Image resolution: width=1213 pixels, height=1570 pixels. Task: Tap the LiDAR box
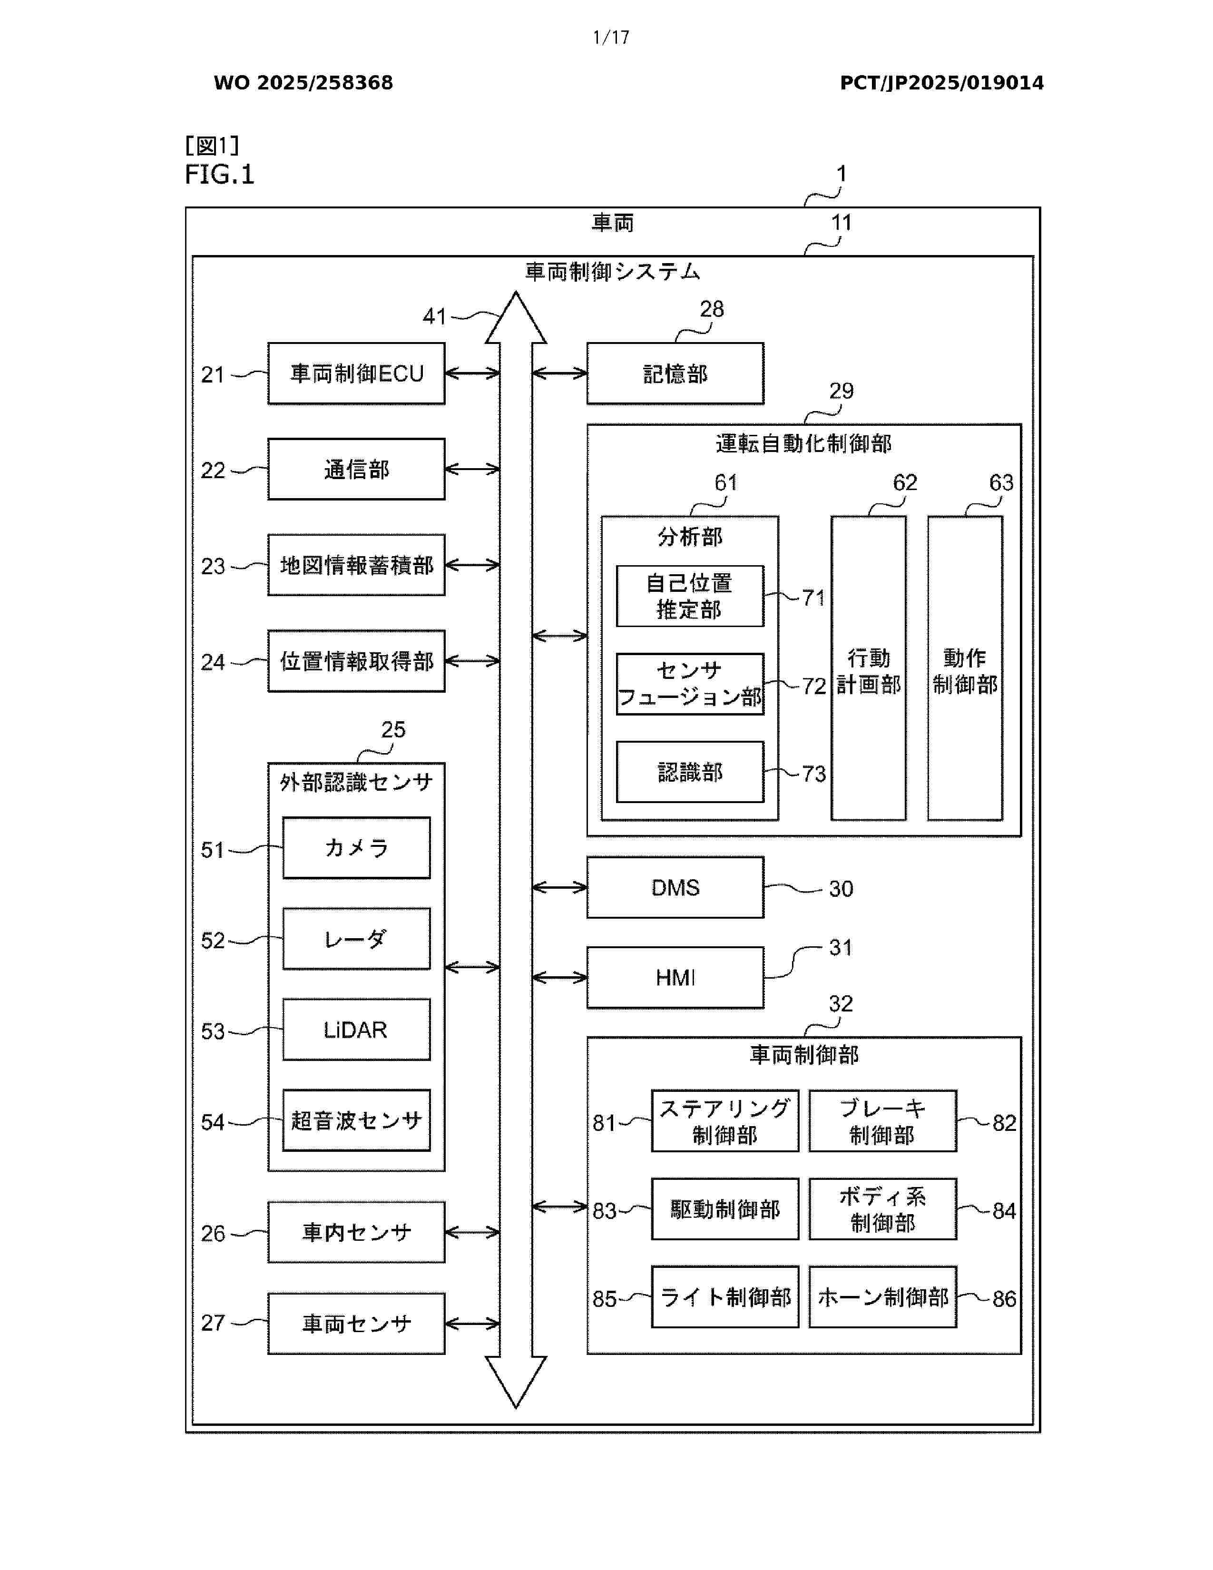[356, 1030]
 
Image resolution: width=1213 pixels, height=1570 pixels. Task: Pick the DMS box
[675, 887]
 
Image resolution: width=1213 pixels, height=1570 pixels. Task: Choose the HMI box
[675, 978]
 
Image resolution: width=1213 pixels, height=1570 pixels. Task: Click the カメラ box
[356, 847]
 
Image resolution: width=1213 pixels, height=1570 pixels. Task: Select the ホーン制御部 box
[882, 1297]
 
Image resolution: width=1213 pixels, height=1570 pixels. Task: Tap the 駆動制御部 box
[724, 1209]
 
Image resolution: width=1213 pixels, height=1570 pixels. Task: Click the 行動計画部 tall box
[868, 668]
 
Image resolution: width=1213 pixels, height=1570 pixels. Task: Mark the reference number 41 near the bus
[434, 316]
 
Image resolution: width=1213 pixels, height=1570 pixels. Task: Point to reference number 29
[841, 391]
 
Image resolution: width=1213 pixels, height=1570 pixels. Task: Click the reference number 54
[213, 1122]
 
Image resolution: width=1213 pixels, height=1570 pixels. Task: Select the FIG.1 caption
[219, 174]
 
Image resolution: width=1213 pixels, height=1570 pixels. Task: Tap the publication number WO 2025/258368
[303, 83]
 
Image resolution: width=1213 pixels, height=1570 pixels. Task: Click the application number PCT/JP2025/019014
[941, 83]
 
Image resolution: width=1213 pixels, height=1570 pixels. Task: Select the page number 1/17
[611, 38]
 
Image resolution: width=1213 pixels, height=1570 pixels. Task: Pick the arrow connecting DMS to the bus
[560, 888]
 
